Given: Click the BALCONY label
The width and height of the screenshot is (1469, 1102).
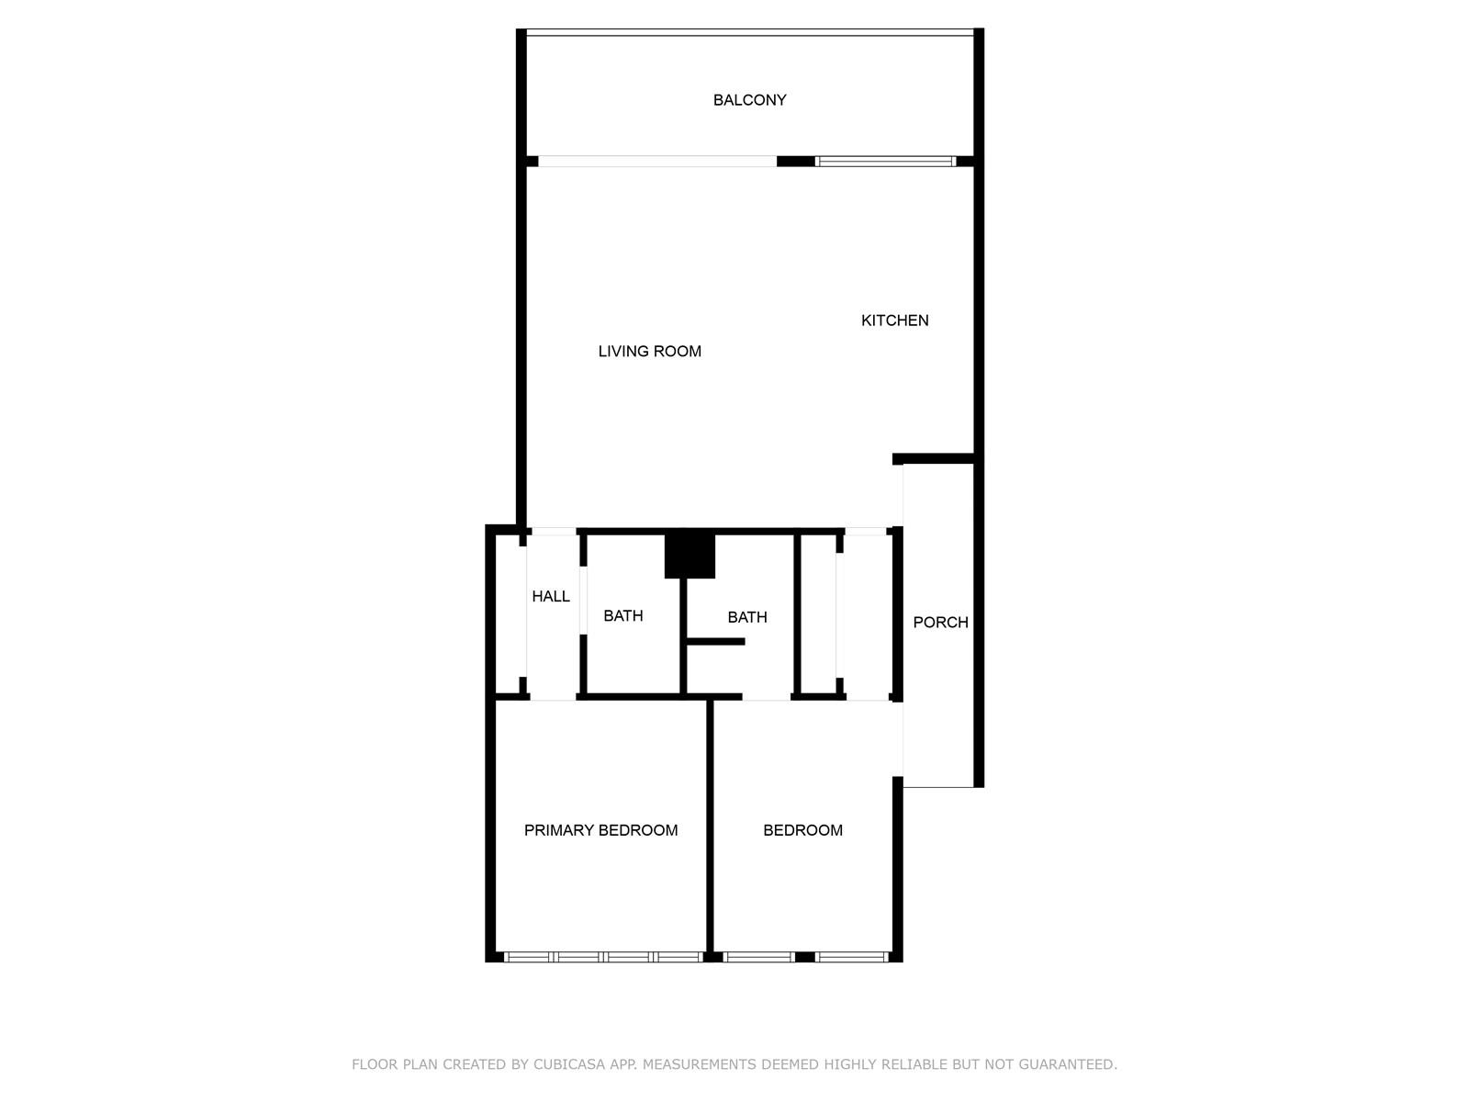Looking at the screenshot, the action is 749,100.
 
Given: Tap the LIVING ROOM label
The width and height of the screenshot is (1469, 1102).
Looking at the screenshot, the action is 649,352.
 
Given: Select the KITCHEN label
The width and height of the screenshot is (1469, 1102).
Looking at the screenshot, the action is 894,320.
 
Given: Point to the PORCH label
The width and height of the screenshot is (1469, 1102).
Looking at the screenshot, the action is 940,623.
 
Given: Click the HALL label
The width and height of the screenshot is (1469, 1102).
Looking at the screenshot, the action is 550,596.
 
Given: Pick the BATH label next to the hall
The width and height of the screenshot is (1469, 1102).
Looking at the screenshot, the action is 622,615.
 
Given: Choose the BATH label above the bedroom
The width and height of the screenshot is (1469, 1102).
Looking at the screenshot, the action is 746,617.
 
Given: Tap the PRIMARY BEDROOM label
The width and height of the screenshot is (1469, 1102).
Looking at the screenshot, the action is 600,830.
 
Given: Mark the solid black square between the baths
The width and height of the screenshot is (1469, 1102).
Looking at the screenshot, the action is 690,556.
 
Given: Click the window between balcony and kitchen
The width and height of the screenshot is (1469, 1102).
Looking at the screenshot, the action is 885,162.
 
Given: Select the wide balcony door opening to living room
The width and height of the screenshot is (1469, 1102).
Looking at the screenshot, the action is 657,162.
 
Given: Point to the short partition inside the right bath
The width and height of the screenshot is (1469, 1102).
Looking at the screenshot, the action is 716,642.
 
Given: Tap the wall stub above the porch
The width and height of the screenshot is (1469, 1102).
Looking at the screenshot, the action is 933,458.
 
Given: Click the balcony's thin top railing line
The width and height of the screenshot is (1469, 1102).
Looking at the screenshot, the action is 749,29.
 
